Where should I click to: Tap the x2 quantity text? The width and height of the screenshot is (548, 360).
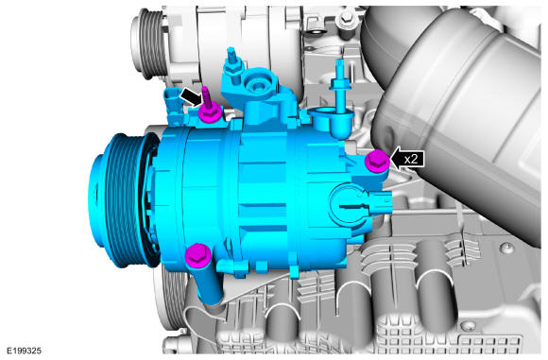pyautogui.click(x=411, y=159)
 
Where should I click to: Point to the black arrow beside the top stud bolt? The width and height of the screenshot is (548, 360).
pyautogui.click(x=190, y=96)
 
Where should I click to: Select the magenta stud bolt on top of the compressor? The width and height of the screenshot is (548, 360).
pyautogui.click(x=209, y=106)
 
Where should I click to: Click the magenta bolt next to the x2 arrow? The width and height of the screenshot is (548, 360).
pyautogui.click(x=377, y=161)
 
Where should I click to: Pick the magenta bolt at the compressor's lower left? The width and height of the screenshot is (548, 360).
pyautogui.click(x=197, y=256)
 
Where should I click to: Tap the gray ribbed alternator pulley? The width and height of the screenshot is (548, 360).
pyautogui.click(x=146, y=43)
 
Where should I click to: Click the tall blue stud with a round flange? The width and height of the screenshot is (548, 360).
pyautogui.click(x=340, y=88)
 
